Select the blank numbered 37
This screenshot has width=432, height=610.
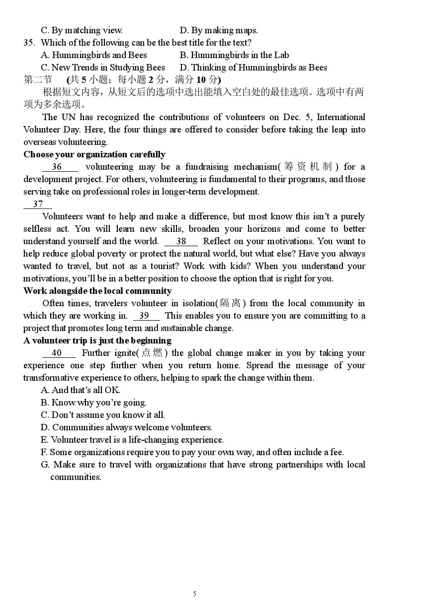point(38,204)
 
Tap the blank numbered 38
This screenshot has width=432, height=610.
point(181,241)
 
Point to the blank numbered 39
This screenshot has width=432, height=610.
point(146,316)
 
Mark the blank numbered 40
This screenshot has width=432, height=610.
point(59,353)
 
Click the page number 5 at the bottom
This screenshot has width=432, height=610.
point(195,594)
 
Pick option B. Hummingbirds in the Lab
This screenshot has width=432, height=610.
point(234,55)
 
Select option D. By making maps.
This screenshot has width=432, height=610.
point(219,30)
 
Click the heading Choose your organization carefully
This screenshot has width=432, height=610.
point(94,154)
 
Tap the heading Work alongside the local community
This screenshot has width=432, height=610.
point(97,291)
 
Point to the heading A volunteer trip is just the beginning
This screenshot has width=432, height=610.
point(97,340)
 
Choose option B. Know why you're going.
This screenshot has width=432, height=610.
point(93,403)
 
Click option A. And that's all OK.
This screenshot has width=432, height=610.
point(81,390)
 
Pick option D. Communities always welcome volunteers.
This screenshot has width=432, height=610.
point(126,427)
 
